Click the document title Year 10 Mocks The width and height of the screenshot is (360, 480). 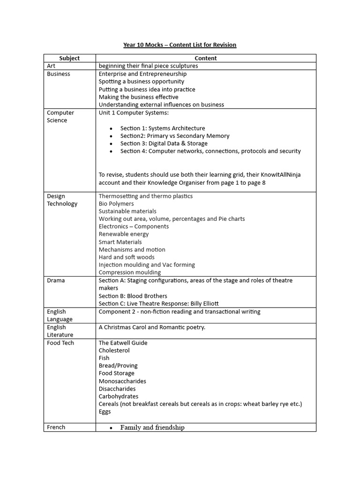180,45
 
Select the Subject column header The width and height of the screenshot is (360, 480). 69,58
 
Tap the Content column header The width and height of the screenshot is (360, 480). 206,58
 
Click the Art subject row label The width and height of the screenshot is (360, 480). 51,66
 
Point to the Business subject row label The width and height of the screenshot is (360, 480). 59,74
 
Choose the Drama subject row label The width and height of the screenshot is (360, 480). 56,281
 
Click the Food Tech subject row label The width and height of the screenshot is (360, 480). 60,343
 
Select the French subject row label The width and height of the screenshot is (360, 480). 56,427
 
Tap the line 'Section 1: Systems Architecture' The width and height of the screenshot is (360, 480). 162,128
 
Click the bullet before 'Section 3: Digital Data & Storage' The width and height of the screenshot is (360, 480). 111,144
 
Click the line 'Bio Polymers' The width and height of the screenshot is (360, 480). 116,204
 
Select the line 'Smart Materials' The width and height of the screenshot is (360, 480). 120,242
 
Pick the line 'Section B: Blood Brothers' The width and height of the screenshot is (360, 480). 133,296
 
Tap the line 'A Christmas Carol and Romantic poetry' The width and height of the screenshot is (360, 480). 152,327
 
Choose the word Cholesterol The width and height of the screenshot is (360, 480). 114,351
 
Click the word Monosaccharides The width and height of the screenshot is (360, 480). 122,381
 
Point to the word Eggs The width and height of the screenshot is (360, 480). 105,412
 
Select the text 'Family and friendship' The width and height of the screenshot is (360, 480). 152,427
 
